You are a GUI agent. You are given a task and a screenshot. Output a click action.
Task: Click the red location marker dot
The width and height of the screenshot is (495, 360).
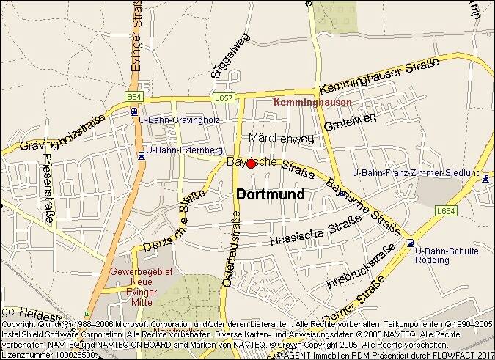click(x=251, y=164)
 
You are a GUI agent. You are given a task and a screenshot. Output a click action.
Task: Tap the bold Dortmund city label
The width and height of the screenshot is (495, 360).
click(x=270, y=194)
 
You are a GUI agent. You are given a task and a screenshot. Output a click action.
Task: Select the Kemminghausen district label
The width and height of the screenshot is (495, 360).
click(x=312, y=103)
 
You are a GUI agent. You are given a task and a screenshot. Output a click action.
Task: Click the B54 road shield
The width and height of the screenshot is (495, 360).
click(x=133, y=97)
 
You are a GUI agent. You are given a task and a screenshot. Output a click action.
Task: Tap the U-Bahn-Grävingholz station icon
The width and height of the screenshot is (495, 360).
click(x=133, y=111)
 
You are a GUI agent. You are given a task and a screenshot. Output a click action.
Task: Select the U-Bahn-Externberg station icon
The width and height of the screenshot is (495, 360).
click(x=141, y=155)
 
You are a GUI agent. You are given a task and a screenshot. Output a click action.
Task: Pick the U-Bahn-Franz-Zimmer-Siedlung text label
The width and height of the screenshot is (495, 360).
click(x=417, y=173)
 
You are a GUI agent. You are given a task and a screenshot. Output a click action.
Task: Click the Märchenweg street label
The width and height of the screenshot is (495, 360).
click(x=282, y=138)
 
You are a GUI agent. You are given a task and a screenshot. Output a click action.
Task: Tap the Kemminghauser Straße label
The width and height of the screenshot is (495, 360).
click(x=380, y=76)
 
